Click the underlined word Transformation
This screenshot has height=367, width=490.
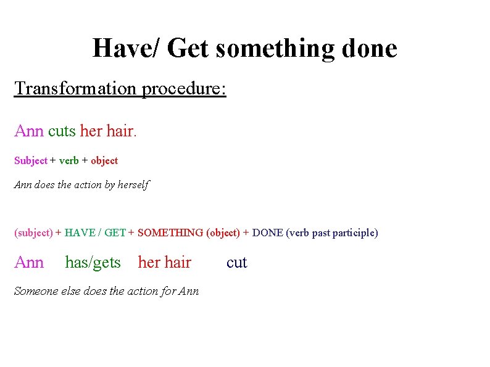pyautogui.click(x=76, y=88)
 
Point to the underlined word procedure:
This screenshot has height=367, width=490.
pyautogui.click(x=185, y=89)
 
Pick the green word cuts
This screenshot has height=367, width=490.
pyautogui.click(x=62, y=131)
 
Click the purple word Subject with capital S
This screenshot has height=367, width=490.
pyautogui.click(x=31, y=160)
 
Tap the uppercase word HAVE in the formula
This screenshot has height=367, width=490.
pyautogui.click(x=80, y=233)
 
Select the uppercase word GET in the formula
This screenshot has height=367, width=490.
pyautogui.click(x=115, y=233)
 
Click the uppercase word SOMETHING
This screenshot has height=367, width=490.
pyautogui.click(x=170, y=233)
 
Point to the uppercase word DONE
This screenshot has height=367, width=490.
pyautogui.click(x=268, y=233)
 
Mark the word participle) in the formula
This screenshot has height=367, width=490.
pyautogui.click(x=355, y=233)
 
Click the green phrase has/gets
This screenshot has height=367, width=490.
pyautogui.click(x=93, y=263)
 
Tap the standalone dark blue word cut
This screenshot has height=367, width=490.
pyautogui.click(x=236, y=263)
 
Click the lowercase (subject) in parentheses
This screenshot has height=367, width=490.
pyautogui.click(x=33, y=233)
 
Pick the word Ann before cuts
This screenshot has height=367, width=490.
pyautogui.click(x=29, y=131)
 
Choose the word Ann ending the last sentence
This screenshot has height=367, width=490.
pyautogui.click(x=188, y=291)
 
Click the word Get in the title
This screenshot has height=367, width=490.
pyautogui.click(x=188, y=48)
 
